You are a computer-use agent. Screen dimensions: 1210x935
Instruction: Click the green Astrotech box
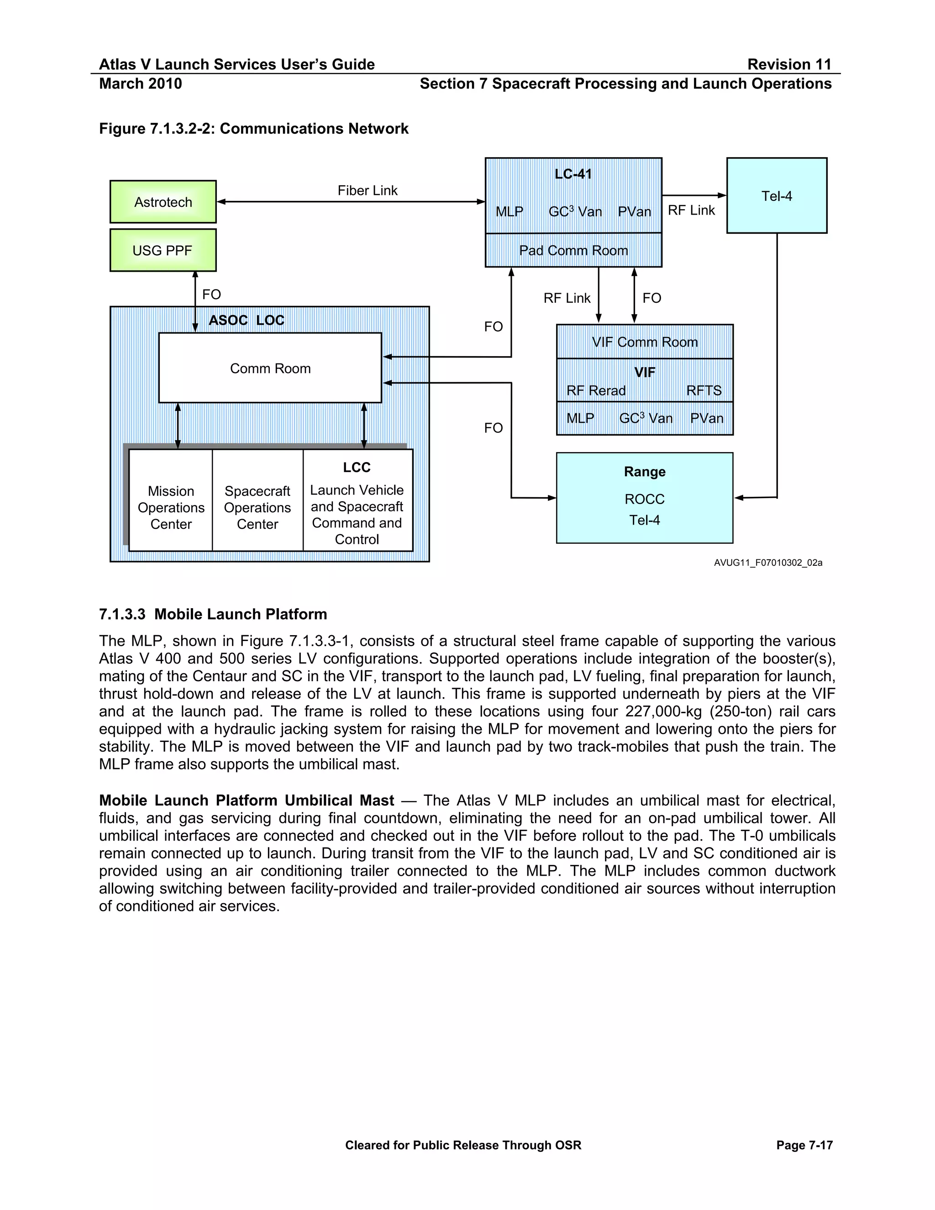pyautogui.click(x=163, y=202)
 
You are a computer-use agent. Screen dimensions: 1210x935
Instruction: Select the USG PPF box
pyautogui.click(x=163, y=250)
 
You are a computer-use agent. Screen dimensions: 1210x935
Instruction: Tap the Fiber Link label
pyautogui.click(x=367, y=190)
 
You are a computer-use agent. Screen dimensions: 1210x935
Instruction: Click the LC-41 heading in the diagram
pyautogui.click(x=573, y=174)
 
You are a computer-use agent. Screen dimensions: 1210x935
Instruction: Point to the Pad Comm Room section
pyautogui.click(x=573, y=250)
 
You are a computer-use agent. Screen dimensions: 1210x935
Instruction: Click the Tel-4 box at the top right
pyautogui.click(x=777, y=195)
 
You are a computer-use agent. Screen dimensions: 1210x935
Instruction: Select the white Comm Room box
pyautogui.click(x=270, y=368)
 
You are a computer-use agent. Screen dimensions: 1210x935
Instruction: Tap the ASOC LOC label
pyautogui.click(x=246, y=320)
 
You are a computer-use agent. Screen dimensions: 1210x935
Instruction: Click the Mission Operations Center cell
pyautogui.click(x=171, y=507)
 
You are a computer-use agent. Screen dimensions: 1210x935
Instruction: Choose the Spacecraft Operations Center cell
pyautogui.click(x=257, y=507)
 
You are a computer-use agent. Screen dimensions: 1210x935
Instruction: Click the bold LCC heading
pyautogui.click(x=356, y=467)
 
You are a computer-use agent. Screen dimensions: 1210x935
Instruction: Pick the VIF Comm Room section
pyautogui.click(x=644, y=342)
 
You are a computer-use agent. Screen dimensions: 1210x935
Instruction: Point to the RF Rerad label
pyautogui.click(x=596, y=390)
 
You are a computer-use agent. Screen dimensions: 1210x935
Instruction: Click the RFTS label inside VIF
pyautogui.click(x=704, y=390)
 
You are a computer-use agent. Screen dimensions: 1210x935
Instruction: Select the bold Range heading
pyautogui.click(x=644, y=472)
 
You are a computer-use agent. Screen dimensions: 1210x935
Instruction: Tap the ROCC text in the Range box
pyautogui.click(x=644, y=499)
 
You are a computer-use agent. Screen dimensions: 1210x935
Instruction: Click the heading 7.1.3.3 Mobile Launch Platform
pyautogui.click(x=213, y=614)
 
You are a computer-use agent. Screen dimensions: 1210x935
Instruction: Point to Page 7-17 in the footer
pyautogui.click(x=804, y=1145)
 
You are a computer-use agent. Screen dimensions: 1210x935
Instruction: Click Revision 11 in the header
pyautogui.click(x=789, y=64)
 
